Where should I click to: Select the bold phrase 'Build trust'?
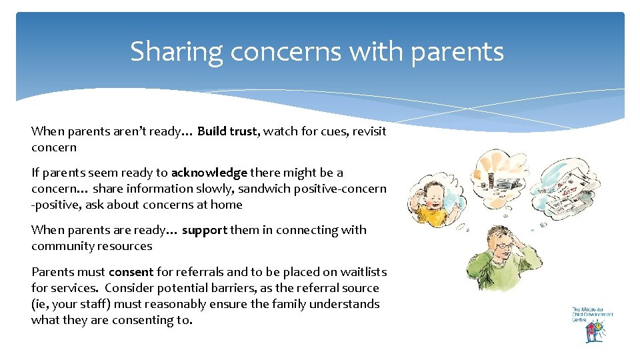[x=227, y=131]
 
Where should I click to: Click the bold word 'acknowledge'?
[x=209, y=173]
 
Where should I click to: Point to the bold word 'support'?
[x=204, y=230]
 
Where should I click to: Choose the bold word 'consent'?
[x=131, y=272]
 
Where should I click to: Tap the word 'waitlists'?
[x=363, y=272]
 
